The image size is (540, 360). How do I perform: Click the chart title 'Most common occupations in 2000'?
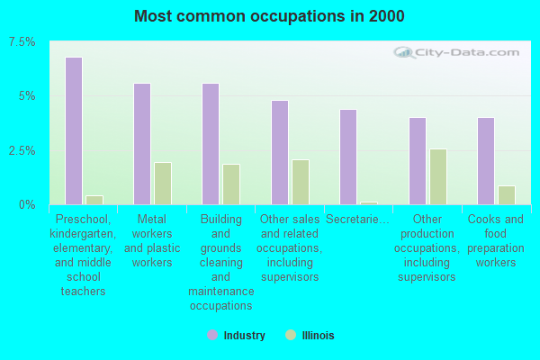click(269, 16)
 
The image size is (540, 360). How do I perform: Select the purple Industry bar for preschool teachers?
click(74, 131)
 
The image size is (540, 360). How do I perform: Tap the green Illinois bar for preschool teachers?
click(94, 200)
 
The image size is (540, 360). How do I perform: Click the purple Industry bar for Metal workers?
click(142, 144)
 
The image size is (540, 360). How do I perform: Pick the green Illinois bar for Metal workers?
click(163, 184)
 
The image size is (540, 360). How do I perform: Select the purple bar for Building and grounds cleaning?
click(211, 144)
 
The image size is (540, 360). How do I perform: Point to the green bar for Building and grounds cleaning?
click(231, 184)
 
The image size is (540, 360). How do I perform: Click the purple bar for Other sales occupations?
click(280, 153)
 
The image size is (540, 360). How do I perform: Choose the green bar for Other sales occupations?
click(301, 182)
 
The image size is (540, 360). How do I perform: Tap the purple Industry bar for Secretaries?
click(348, 157)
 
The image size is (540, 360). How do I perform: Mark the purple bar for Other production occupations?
click(418, 161)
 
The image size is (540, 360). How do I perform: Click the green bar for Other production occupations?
click(438, 176)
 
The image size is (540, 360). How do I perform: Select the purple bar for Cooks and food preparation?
click(486, 161)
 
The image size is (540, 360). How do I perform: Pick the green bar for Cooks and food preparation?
click(507, 195)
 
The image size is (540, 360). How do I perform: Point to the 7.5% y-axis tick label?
click(22, 42)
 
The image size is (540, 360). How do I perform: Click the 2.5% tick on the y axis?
click(22, 150)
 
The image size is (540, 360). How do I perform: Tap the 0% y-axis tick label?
click(28, 204)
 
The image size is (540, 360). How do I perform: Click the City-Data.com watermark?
click(459, 53)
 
